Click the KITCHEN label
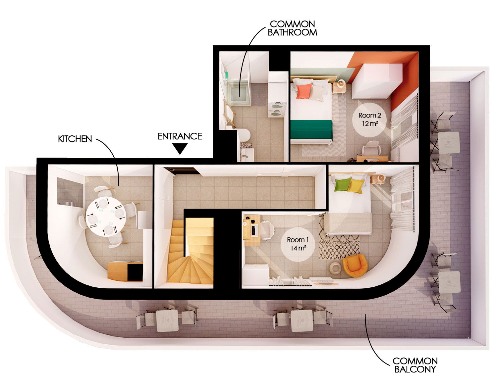coord(75,139)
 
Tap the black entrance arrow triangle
coord(180,149)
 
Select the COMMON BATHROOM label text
coord(292,28)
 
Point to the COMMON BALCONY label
coord(415,365)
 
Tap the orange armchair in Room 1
coord(355,265)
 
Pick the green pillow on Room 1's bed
coord(342,185)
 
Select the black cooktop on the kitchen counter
coord(135,272)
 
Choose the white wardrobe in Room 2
coord(376,81)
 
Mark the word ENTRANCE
coord(180,136)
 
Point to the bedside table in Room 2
coord(339,87)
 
